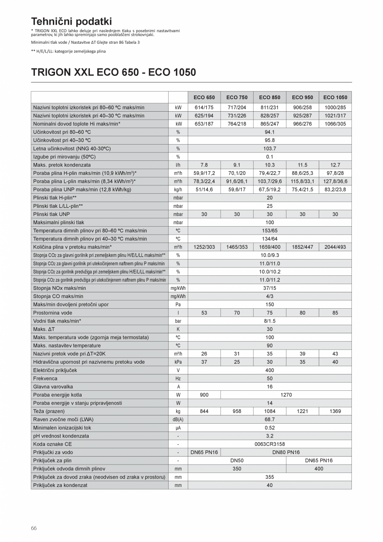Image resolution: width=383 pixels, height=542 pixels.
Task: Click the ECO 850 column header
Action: click(270, 97)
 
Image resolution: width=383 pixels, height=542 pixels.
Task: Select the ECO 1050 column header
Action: click(335, 97)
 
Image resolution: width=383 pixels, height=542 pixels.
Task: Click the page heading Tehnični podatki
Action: click(72, 22)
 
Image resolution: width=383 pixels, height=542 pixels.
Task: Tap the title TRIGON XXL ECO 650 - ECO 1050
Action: click(113, 72)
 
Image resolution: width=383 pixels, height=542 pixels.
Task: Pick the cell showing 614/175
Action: click(204, 107)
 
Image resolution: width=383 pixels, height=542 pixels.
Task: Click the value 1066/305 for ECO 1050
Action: click(335, 124)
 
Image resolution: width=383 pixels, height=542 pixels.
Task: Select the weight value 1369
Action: click(335, 411)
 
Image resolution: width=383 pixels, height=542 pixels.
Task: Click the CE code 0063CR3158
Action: click(270, 444)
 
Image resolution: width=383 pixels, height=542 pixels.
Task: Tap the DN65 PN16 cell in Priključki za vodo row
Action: click(204, 452)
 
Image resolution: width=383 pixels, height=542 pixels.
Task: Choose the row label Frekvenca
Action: click(45, 379)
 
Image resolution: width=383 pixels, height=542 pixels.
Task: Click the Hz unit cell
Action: click(178, 379)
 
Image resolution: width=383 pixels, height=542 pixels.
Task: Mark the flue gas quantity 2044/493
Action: click(335, 247)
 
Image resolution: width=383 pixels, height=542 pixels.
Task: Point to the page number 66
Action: click(34, 528)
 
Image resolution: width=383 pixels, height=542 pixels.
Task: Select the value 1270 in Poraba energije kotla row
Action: click(286, 395)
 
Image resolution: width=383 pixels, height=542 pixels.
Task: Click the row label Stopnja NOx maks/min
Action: click(60, 288)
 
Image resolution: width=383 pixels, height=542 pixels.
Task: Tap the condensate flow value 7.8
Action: click(204, 165)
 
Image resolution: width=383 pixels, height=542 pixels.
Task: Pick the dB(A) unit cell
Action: click(178, 420)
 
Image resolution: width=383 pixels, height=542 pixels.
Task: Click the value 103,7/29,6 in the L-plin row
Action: click(270, 181)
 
